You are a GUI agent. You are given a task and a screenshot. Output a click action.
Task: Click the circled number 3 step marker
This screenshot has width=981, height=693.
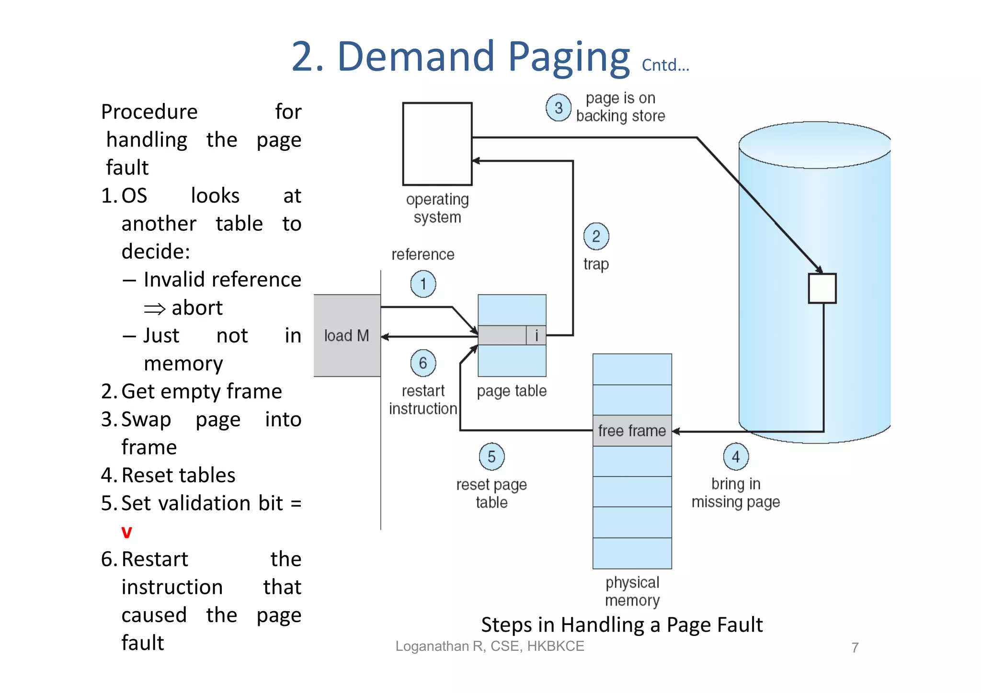(558, 108)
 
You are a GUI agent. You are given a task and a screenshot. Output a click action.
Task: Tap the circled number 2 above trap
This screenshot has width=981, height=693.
(596, 236)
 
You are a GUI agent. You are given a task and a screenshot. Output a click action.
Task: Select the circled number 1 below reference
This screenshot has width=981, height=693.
(423, 284)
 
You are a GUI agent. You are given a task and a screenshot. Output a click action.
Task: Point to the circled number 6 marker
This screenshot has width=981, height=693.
(423, 363)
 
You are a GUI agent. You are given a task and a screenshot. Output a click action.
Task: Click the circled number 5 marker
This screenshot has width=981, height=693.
(491, 456)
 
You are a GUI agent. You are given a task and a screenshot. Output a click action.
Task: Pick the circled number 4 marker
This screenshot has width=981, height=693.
(735, 456)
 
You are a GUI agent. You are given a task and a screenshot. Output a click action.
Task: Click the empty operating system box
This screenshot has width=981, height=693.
(437, 144)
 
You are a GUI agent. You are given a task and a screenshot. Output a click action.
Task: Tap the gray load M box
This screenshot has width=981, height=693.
(347, 335)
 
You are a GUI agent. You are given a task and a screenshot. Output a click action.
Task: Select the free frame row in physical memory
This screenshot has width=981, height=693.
(632, 431)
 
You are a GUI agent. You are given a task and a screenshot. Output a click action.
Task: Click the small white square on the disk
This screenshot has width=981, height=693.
(822, 288)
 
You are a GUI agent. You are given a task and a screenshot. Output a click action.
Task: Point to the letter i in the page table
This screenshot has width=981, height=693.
(536, 335)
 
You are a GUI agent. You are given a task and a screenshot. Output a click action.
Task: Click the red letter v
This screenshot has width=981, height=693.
(126, 532)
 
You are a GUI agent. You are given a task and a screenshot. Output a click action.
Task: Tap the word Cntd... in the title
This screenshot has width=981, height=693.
(665, 65)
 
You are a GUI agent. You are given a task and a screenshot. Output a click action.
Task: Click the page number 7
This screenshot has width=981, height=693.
(855, 648)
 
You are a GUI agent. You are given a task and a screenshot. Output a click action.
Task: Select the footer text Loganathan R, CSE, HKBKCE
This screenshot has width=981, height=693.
(490, 646)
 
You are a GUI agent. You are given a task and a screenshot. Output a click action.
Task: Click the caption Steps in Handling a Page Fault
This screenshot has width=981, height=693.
(621, 625)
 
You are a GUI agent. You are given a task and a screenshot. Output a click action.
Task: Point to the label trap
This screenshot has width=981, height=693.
(596, 264)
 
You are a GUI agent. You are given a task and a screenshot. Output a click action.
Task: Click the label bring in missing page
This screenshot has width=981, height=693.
(735, 493)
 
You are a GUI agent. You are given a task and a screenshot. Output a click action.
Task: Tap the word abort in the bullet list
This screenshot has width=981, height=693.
(197, 307)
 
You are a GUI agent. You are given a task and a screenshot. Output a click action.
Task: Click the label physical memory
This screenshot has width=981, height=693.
(632, 591)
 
